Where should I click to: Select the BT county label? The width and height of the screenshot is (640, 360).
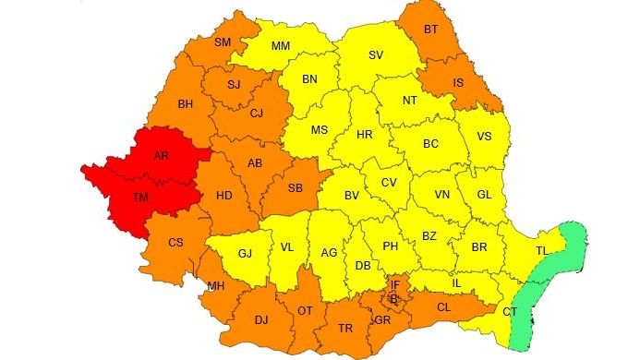coord(430,30)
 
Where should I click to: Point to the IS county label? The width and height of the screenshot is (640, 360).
coord(458,82)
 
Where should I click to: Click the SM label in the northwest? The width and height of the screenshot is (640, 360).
coord(223,42)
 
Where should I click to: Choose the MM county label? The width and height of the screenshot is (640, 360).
coord(282,45)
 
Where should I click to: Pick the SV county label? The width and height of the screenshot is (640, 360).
coord(376,55)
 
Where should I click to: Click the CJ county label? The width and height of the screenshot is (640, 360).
coord(257,114)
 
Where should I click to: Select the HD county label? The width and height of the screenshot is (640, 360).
coord(223,196)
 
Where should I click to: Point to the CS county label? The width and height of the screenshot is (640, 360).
coord(175,243)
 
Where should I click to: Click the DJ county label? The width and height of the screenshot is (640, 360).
coord(260,320)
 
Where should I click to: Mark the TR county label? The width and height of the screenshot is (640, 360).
coord(345,329)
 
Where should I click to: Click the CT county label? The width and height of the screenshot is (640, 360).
coord(510,313)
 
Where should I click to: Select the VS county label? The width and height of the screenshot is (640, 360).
coord(483,137)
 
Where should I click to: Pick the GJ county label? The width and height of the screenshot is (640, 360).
coord(245,253)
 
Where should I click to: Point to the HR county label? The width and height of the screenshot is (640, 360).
coord(364,135)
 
